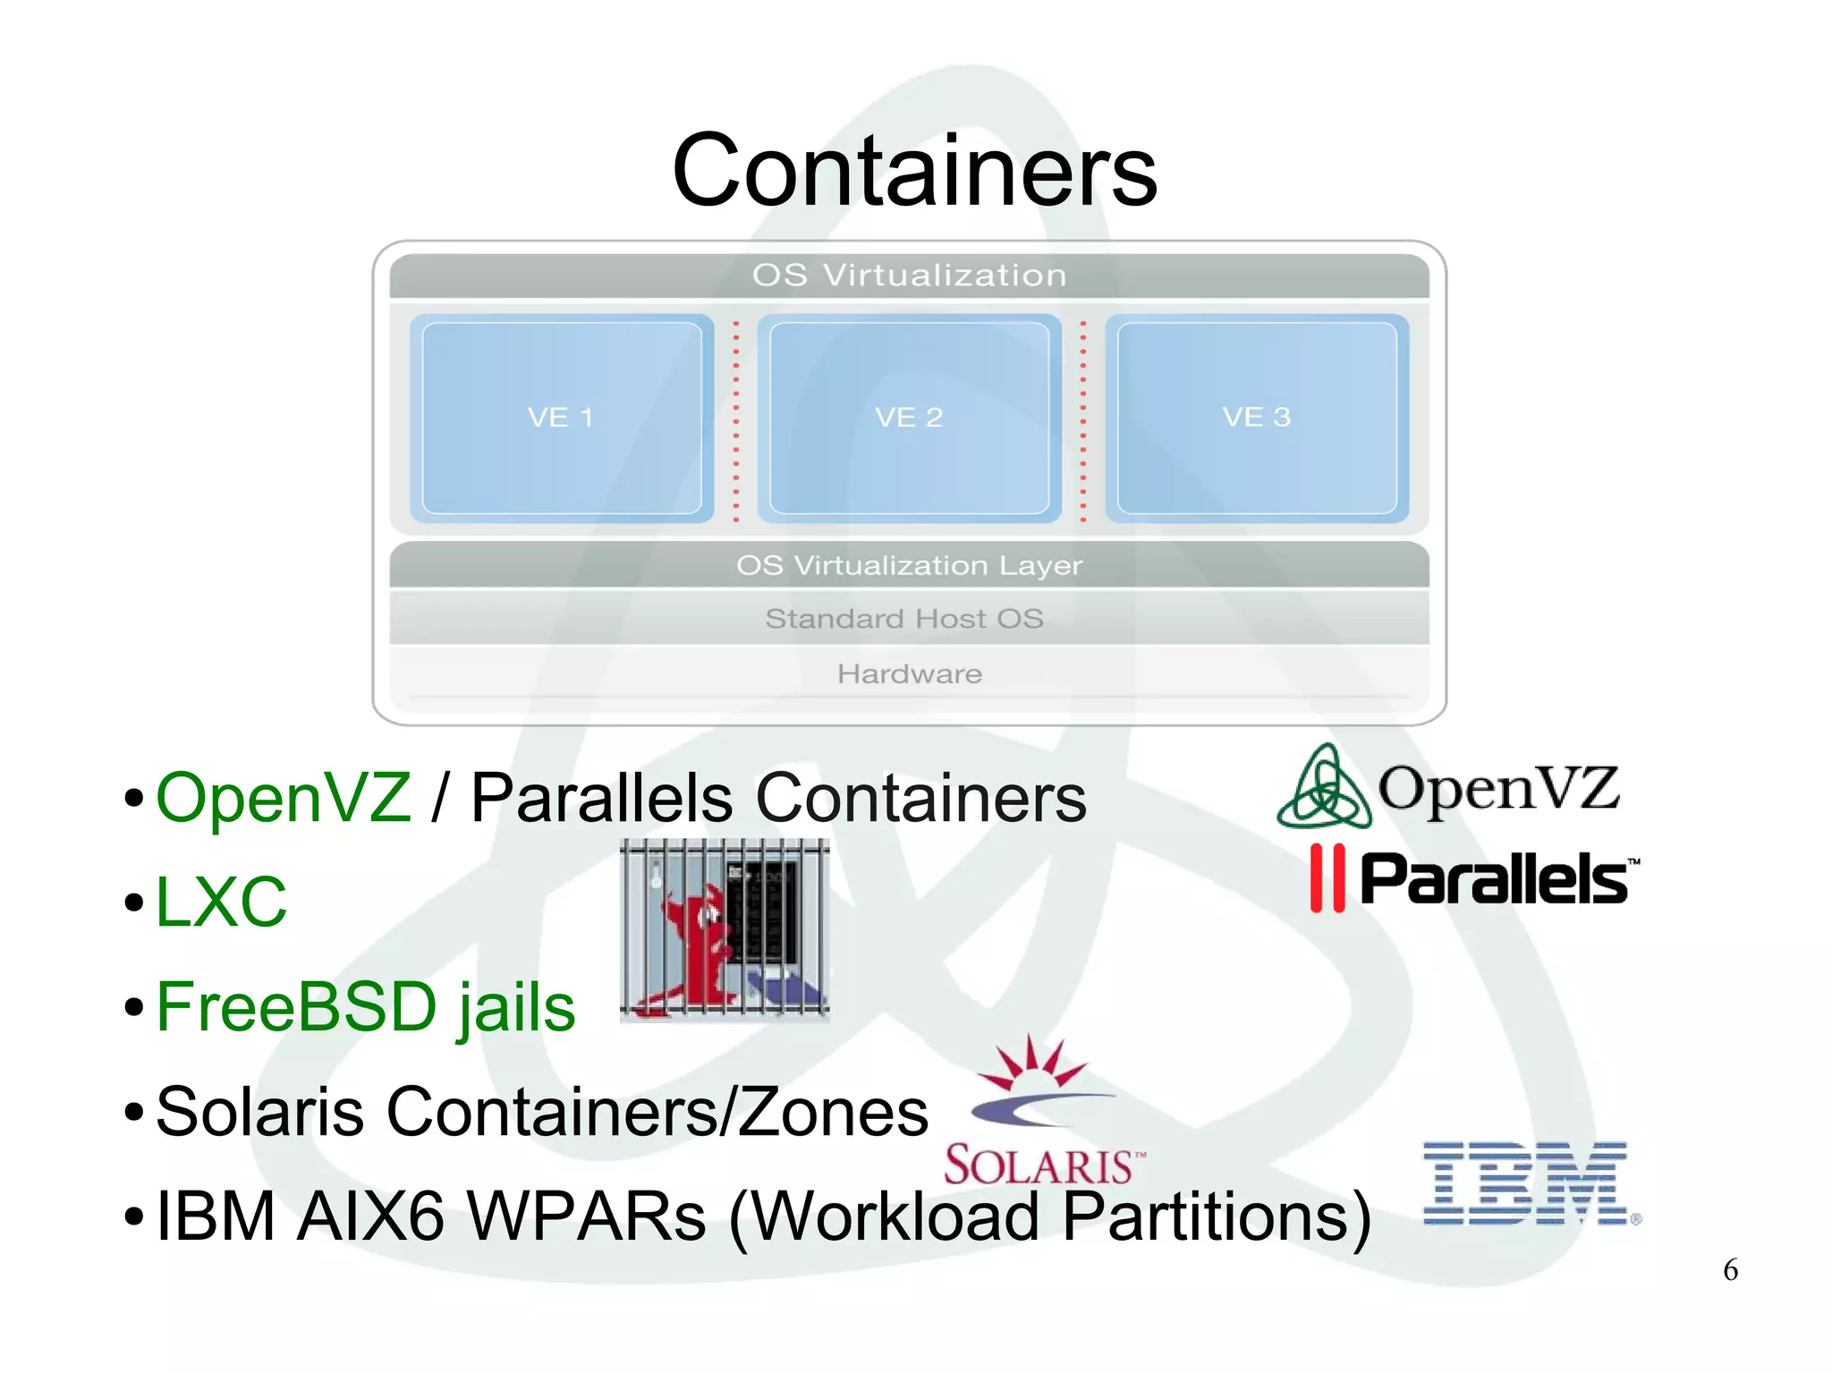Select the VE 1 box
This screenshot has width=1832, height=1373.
click(561, 418)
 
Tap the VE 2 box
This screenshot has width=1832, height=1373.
click(909, 418)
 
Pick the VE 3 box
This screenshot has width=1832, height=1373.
click(1256, 418)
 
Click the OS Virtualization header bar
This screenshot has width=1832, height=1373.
click(909, 275)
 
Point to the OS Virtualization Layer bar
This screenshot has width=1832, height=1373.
click(909, 565)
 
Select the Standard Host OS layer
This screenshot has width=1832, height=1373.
click(904, 618)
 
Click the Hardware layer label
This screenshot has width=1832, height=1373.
click(909, 674)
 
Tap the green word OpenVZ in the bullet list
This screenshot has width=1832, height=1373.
click(284, 797)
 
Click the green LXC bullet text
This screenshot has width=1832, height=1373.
click(221, 902)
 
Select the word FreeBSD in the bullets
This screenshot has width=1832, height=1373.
click(296, 1006)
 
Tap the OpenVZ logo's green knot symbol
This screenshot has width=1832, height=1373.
click(1324, 788)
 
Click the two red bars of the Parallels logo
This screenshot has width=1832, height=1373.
click(1327, 878)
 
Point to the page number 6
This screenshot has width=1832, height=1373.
click(1730, 1270)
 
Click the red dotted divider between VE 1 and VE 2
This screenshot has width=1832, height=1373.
click(736, 420)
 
